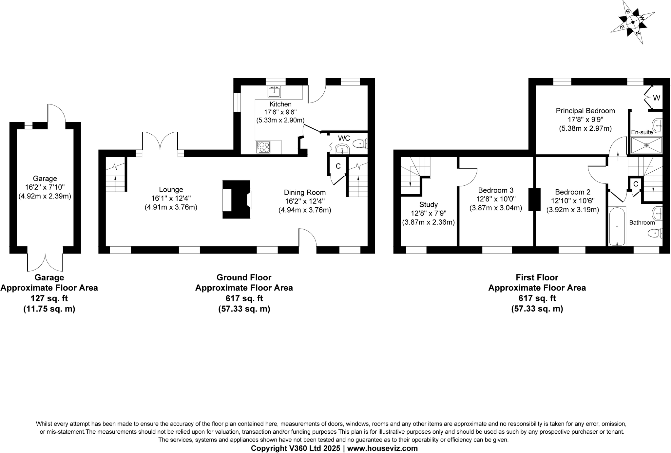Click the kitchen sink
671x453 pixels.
274,92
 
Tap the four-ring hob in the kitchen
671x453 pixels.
263,147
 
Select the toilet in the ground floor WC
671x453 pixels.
360,143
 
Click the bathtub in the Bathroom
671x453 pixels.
617,226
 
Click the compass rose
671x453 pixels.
632,23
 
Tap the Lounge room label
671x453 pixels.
171,190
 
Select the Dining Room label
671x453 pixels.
305,193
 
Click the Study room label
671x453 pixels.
428,205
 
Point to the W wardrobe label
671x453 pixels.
656,98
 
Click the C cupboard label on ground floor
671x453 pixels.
338,166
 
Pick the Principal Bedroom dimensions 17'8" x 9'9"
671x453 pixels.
585,120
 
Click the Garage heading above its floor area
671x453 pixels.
49,277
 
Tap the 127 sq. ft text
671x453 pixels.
49,298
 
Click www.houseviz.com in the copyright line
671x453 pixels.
382,448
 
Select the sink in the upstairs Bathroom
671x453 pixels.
657,214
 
